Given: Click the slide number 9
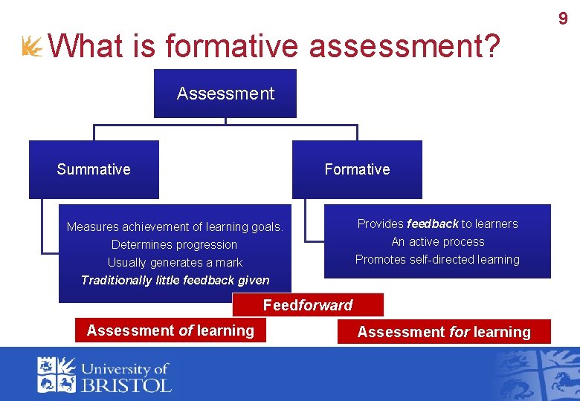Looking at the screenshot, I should pos(563,18).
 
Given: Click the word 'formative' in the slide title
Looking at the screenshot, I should pos(233,46).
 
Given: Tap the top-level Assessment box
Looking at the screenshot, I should pos(225,94).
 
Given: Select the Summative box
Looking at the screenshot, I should pos(94,169).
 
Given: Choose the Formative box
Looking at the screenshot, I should pos(357,169).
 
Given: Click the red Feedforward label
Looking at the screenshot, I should pos(308,305).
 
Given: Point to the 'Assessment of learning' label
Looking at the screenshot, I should pos(170,330).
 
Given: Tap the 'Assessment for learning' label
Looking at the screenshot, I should pos(444,332).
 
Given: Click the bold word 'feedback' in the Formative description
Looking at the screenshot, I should pos(433,224).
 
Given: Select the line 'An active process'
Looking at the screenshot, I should pos(438,241).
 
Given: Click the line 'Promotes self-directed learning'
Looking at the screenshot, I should pos(437,259).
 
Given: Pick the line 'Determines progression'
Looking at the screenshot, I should pos(174,244).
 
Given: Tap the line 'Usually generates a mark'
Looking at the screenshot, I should pos(175,262).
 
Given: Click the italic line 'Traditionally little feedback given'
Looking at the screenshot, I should pos(175,280).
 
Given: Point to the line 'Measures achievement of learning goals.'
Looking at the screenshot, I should pos(175,226).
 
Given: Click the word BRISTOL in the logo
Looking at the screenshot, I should pos(126,384).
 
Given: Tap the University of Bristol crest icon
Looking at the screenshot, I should pos(57,374).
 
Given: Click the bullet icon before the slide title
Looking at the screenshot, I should pos(33,47).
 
